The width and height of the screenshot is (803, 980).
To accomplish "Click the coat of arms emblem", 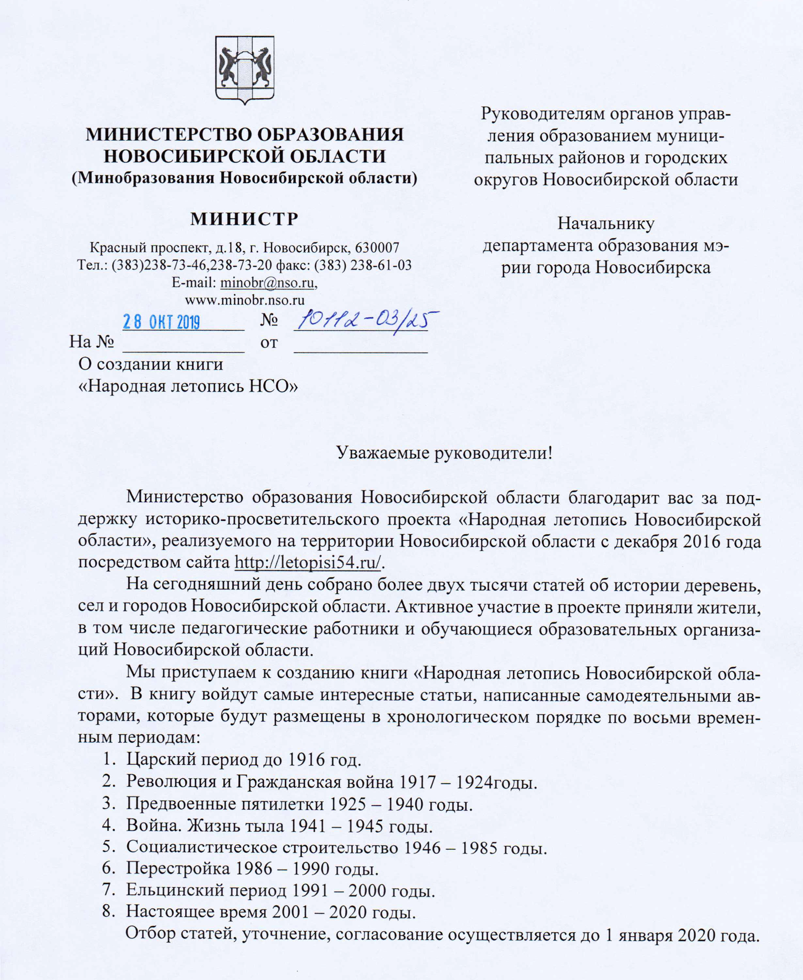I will click(x=245, y=69).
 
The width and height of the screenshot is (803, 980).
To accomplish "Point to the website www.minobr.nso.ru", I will click(x=245, y=300).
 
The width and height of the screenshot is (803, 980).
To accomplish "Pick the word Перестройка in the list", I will click(x=178, y=868).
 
